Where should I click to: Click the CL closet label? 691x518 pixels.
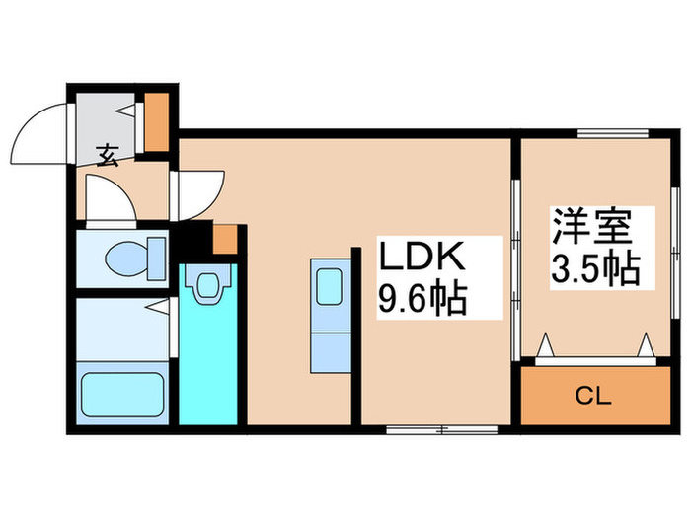pos(594,398)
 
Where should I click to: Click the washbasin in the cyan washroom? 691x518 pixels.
pos(207,285)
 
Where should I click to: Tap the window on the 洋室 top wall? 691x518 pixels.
pos(612,133)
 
